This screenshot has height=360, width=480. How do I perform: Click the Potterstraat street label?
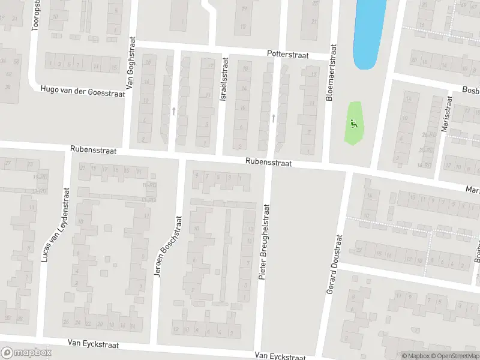click(288, 55)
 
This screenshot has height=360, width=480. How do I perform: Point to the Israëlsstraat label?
click(224, 79)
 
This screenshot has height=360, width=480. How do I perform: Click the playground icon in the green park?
click(354, 124)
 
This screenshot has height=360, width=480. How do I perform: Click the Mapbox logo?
click(26, 353)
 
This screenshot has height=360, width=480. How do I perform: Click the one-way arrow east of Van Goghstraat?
click(174, 110)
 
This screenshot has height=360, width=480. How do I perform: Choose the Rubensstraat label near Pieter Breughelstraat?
click(268, 162)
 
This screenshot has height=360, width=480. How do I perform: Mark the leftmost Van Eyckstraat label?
click(93, 344)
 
